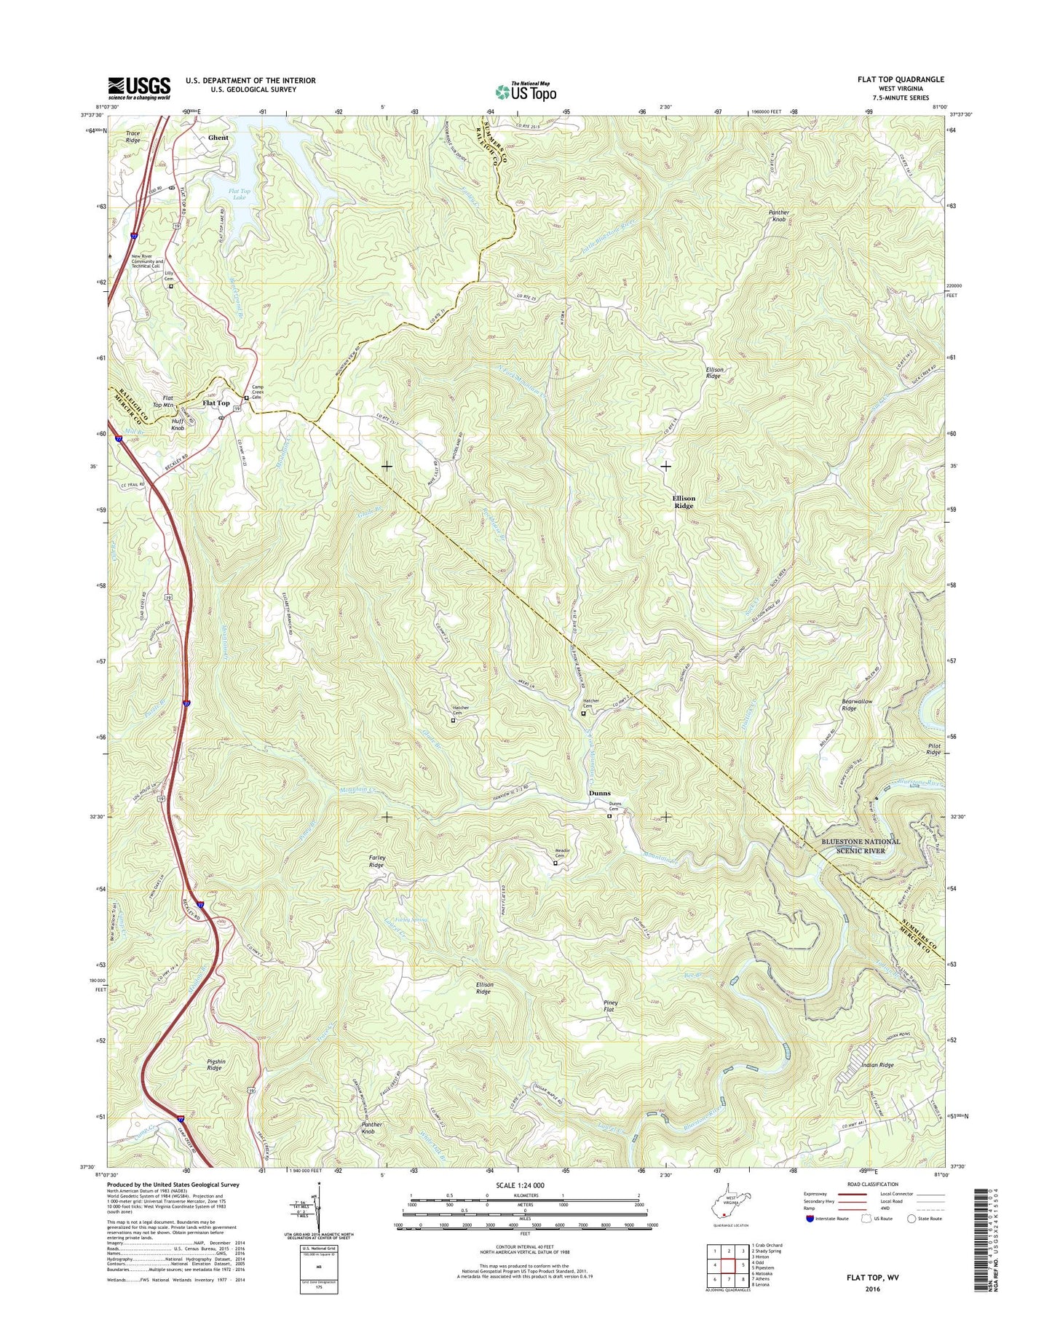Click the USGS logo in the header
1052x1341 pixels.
[x=139, y=88]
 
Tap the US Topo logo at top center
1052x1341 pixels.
[x=526, y=92]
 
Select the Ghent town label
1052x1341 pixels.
[x=218, y=138]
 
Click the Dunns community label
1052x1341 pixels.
[x=599, y=793]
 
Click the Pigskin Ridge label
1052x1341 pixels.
[x=214, y=1064]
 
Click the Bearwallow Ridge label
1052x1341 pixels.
[x=857, y=705]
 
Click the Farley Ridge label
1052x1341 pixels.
[x=376, y=861]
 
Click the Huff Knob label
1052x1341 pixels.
[x=178, y=424]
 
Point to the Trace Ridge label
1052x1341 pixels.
[x=133, y=136]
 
